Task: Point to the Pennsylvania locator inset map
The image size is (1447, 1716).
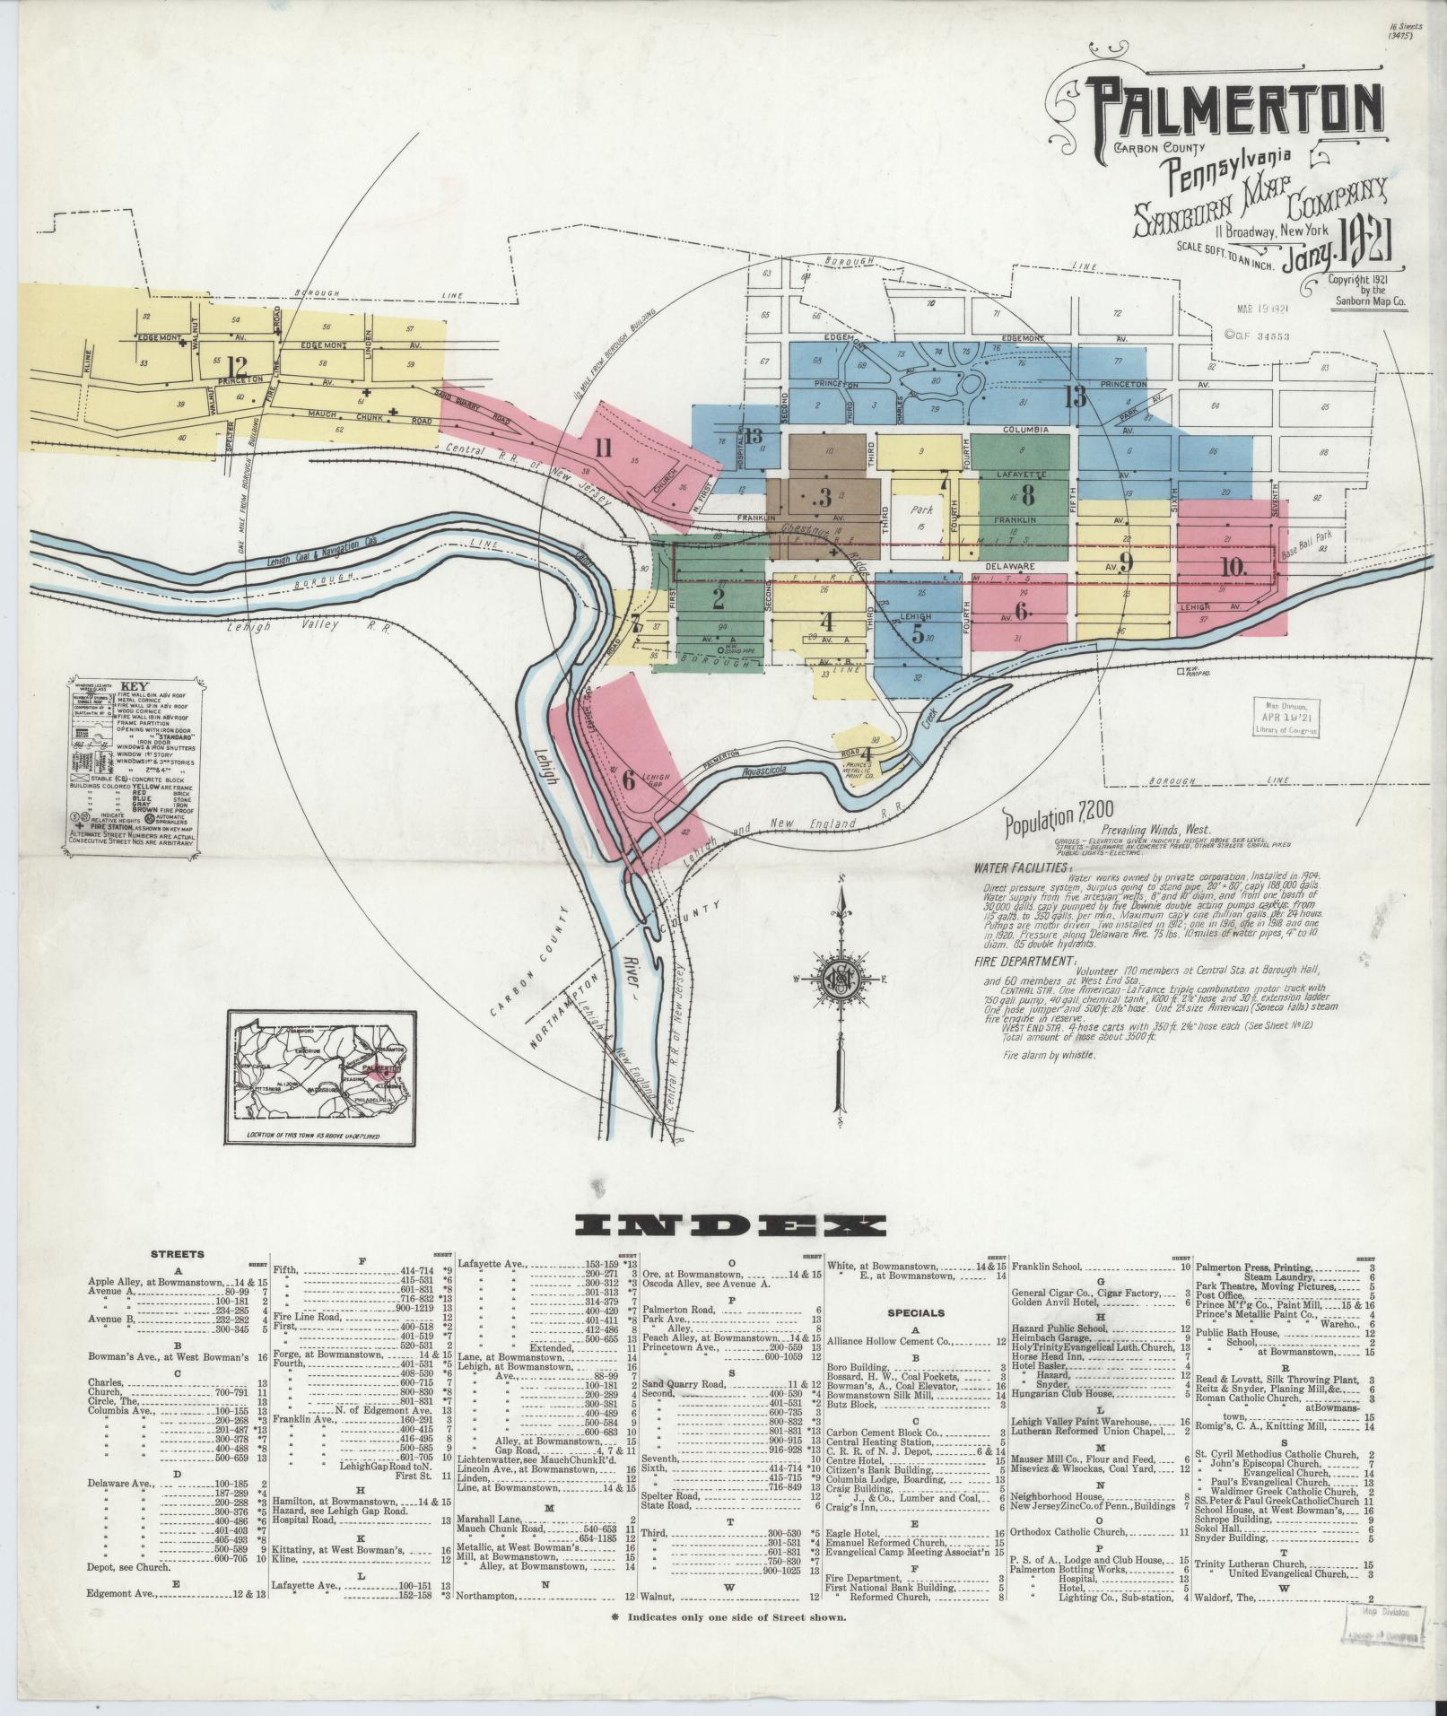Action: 322,1077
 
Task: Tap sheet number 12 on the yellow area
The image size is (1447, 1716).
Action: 238,366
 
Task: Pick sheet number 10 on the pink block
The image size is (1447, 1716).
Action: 1234,568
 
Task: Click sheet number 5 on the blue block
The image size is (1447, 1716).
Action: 918,632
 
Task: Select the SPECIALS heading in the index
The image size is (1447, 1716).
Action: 916,1312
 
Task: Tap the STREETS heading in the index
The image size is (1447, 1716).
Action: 178,1255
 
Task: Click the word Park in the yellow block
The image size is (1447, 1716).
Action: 916,510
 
